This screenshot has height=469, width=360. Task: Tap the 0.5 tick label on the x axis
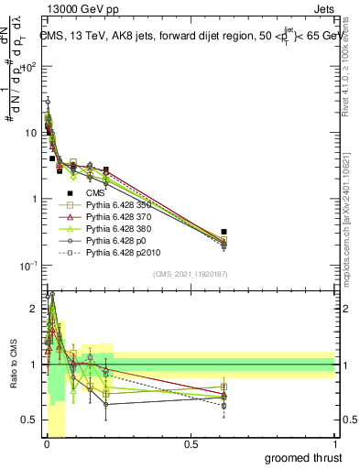(x=191, y=444)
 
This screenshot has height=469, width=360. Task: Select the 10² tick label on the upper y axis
(x=29, y=67)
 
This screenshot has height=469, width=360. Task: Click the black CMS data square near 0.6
(x=224, y=232)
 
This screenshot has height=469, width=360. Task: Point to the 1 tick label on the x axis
(x=335, y=444)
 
